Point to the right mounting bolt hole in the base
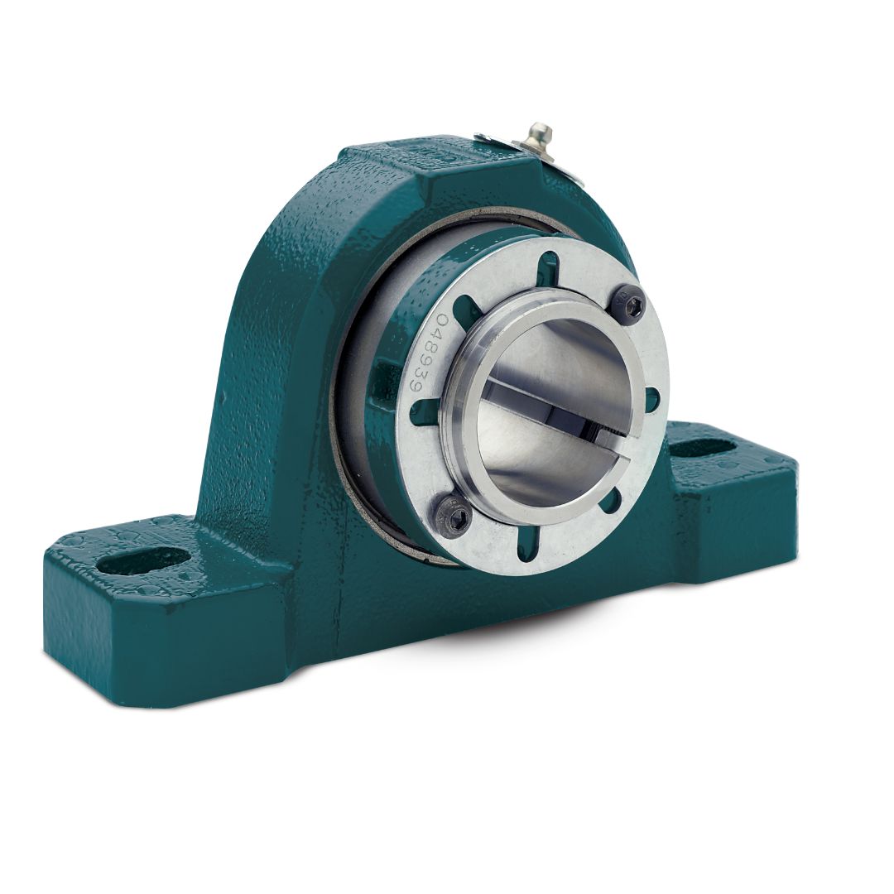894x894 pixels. click(x=703, y=448)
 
